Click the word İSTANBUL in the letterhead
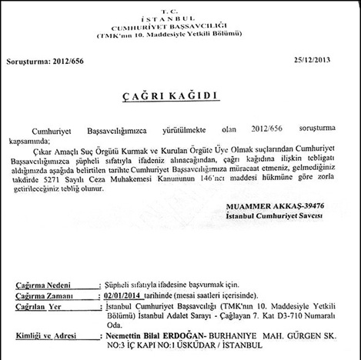tap(180, 14)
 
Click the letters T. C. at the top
tap(180, 5)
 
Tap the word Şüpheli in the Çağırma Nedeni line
tap(121, 283)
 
